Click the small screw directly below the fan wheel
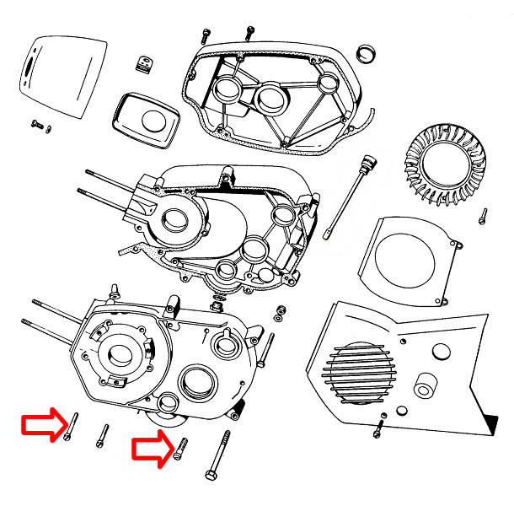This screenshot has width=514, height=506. click(x=483, y=216)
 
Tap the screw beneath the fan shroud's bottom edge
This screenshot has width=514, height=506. click(x=378, y=430)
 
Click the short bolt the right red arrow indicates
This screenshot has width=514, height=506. click(x=179, y=449)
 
